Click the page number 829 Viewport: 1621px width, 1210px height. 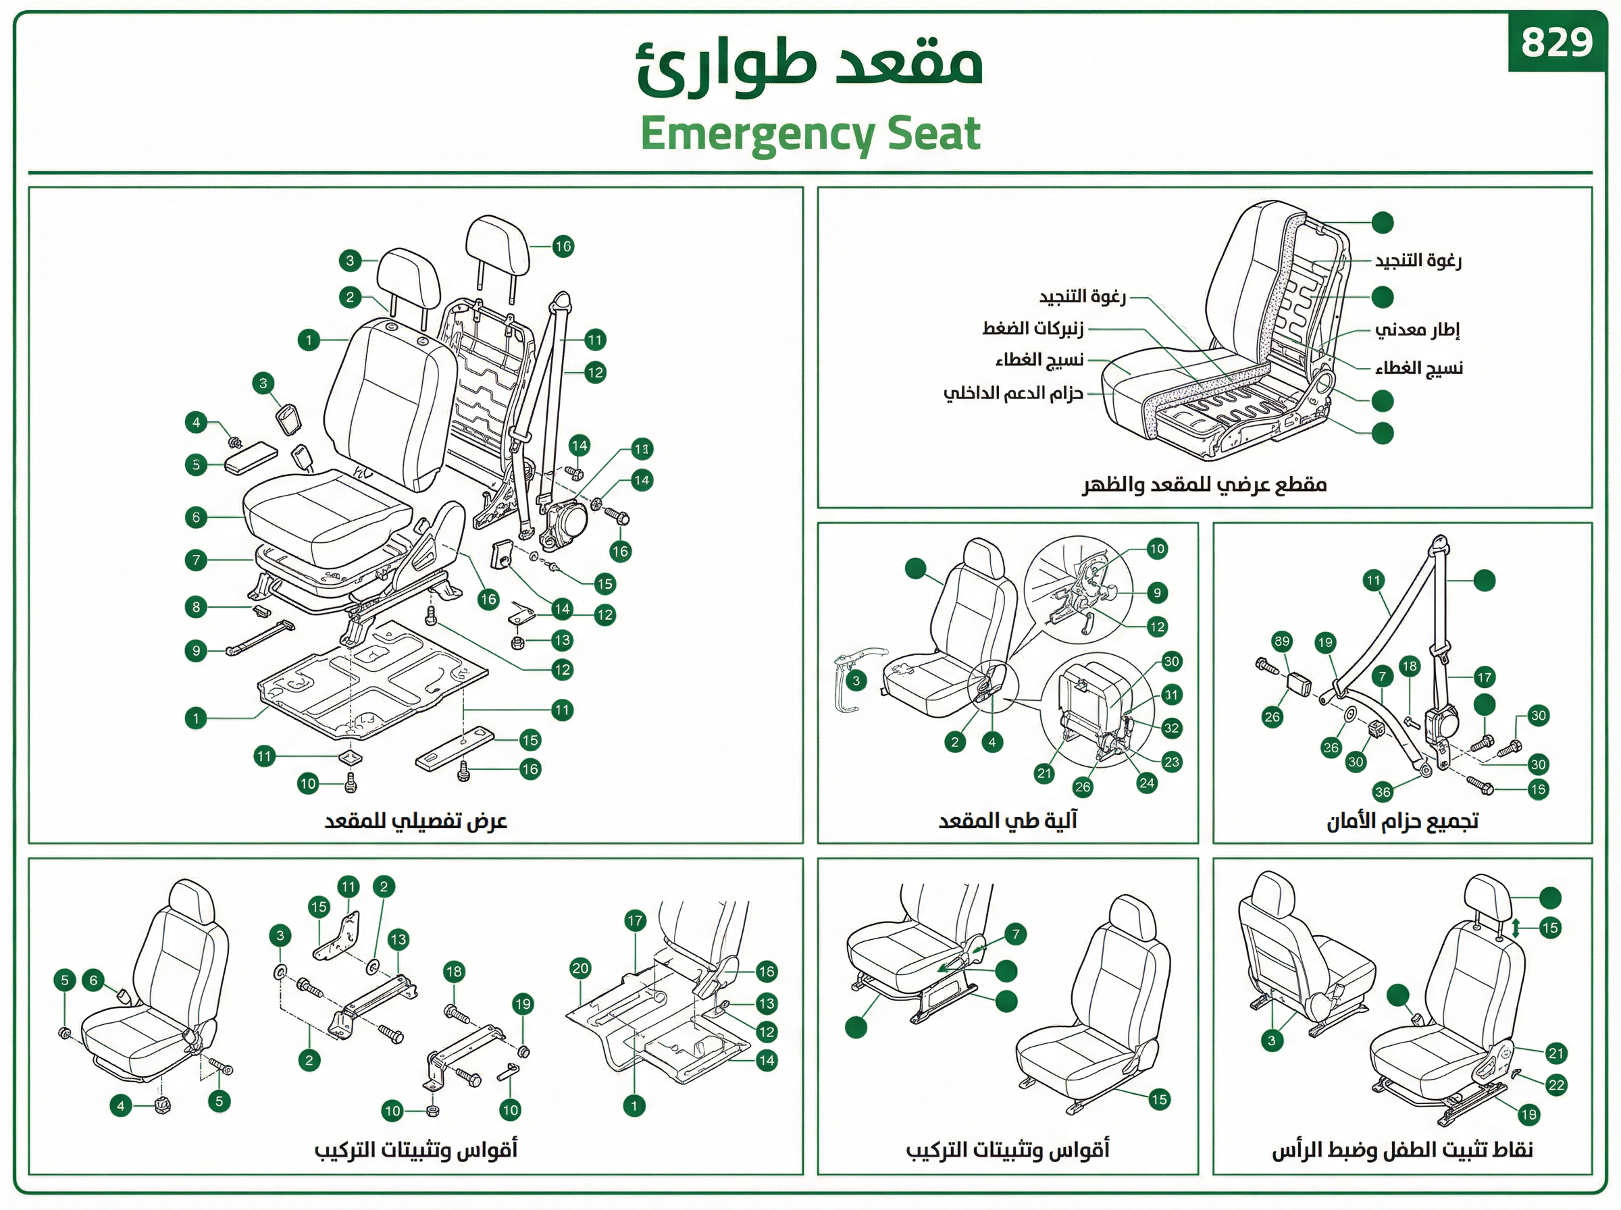1557,42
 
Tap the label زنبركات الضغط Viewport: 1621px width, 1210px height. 1032,328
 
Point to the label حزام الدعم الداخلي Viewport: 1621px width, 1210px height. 1012,394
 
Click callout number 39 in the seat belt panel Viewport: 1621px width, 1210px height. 1282,641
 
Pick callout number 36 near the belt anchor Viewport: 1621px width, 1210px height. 1382,791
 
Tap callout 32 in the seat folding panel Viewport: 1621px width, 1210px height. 1171,727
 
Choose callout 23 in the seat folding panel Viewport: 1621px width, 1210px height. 1171,762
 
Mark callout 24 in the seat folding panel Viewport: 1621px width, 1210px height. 1146,783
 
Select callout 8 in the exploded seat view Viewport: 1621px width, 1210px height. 196,606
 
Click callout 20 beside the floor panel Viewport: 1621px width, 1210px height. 580,968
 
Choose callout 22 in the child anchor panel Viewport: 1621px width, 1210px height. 1555,1085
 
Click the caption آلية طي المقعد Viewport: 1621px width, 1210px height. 1008,820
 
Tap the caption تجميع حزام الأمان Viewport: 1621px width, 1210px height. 1402,821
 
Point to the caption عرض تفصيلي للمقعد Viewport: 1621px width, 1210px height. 415,821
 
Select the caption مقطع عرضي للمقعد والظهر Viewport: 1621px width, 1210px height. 1205,485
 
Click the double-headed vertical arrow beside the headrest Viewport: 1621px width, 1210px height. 1516,928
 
